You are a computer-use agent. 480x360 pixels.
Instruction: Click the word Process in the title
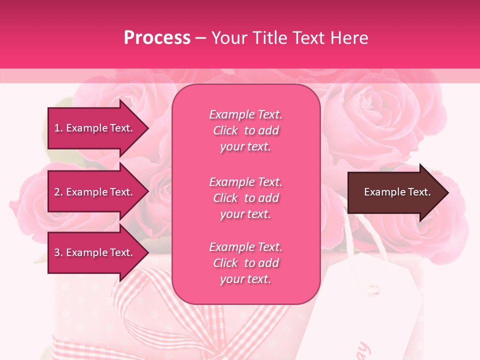tap(157, 38)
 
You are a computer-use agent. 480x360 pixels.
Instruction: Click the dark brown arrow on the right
tap(395, 192)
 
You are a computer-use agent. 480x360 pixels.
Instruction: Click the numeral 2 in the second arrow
tap(57, 192)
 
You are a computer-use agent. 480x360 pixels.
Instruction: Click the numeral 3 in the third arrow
tap(57, 252)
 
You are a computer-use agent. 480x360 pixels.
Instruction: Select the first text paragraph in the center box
tap(245, 130)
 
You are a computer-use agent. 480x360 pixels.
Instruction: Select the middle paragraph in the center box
tap(245, 198)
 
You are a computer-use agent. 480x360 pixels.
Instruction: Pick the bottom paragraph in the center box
tap(245, 263)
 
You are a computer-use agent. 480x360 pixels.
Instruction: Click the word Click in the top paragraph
tap(225, 130)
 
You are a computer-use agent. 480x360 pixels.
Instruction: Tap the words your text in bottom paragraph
tap(245, 279)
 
